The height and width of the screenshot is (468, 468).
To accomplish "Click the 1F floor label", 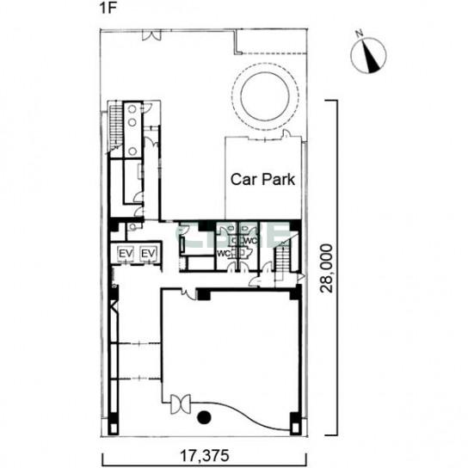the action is [x=108, y=8].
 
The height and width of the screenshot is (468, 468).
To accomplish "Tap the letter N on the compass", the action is [x=360, y=34].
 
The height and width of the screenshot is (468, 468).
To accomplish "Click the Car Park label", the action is [x=262, y=180].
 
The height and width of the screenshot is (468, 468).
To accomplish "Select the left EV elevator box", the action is [x=126, y=254].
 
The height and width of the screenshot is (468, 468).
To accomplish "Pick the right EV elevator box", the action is [x=148, y=254].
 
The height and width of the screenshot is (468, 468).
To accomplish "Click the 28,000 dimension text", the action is [x=326, y=268].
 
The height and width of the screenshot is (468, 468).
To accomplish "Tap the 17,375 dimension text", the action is [x=205, y=456].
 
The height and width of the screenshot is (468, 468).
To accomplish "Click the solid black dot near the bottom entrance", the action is [x=205, y=417].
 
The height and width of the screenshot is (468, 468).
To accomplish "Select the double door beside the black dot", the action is [x=181, y=404].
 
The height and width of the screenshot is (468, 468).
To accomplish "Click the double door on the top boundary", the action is [x=151, y=34].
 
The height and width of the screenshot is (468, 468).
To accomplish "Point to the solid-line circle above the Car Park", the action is [x=265, y=96].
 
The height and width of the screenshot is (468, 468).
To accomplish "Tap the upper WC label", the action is [x=251, y=241].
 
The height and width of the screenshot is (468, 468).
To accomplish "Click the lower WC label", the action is [x=224, y=254].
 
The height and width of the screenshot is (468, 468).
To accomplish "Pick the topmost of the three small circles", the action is [x=132, y=109].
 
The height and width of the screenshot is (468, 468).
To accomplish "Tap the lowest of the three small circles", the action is [x=132, y=151].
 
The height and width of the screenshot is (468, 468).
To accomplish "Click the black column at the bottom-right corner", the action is [x=296, y=424].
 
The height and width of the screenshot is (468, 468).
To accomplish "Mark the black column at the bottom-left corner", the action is [x=113, y=424].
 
